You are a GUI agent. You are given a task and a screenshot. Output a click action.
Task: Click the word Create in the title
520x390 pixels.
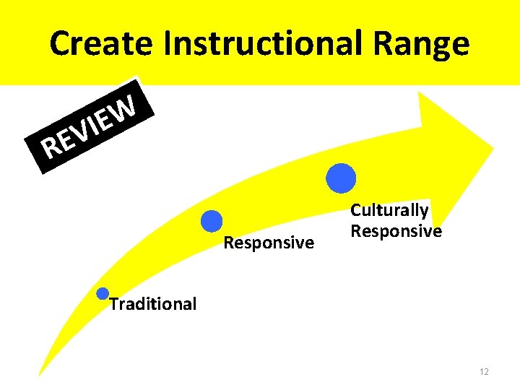tap(101, 45)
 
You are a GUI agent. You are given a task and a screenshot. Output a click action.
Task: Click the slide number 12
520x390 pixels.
tap(484, 372)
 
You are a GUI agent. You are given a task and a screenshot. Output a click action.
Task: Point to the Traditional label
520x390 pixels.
tap(153, 304)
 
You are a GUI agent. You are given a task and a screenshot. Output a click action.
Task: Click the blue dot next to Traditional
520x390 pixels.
tap(103, 293)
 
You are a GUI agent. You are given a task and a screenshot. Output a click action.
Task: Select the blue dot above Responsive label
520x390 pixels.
tap(212, 221)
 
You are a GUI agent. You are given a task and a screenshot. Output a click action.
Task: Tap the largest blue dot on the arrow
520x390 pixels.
tap(341, 178)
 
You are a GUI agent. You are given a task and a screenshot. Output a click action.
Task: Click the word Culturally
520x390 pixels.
tap(389, 210)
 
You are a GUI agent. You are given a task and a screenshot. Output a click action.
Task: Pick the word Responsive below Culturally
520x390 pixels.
tap(396, 231)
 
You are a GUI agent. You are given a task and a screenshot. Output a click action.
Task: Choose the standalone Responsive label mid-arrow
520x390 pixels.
tap(269, 243)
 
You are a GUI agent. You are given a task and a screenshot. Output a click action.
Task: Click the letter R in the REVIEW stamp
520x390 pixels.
tap(51, 148)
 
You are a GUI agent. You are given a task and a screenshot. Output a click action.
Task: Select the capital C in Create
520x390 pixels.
tap(61, 45)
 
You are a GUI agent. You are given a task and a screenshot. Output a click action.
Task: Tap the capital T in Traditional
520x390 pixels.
tap(113, 303)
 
